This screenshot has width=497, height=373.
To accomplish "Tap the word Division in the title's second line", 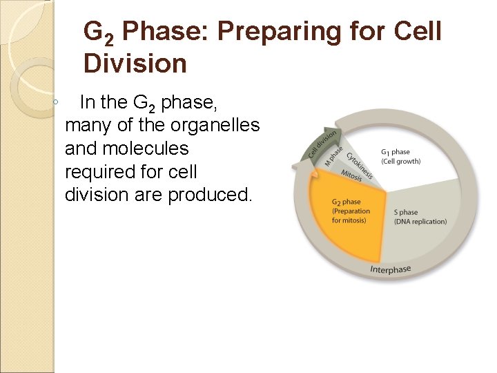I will point(135,64).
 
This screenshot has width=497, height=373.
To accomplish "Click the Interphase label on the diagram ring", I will point(390,269).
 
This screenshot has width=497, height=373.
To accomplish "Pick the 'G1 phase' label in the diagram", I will point(395,151).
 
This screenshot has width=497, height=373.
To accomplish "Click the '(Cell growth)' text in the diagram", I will point(400,161).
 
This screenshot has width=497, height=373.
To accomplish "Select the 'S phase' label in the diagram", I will point(406,212).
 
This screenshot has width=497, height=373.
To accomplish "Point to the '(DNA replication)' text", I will point(420,222).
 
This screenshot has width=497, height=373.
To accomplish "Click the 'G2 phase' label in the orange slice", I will point(346,202).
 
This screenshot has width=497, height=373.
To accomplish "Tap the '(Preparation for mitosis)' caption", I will point(350,216).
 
